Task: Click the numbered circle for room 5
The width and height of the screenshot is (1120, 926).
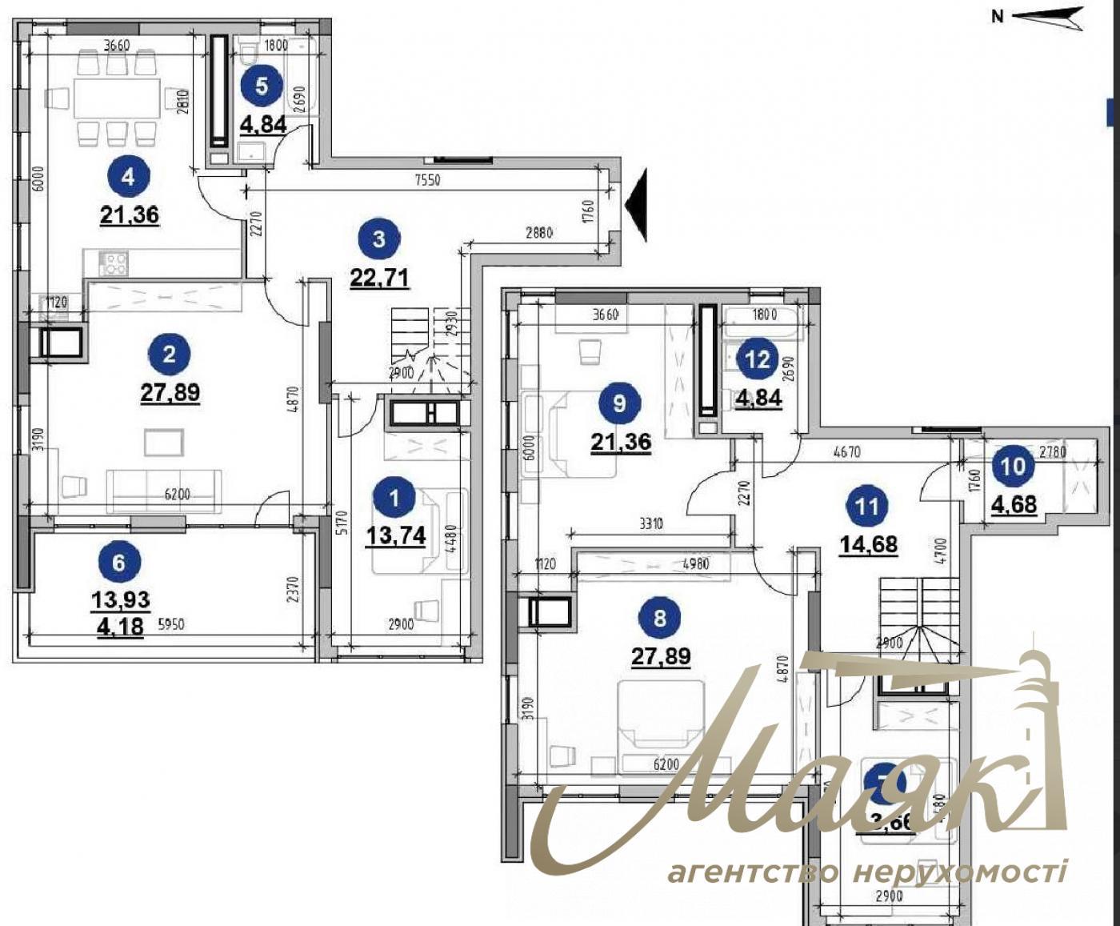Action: pyautogui.click(x=262, y=85)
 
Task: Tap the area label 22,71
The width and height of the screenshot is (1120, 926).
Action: pyautogui.click(x=379, y=277)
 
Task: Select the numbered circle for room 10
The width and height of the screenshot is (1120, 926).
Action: pyautogui.click(x=1013, y=466)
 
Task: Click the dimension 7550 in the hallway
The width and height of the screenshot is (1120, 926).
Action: pyautogui.click(x=428, y=180)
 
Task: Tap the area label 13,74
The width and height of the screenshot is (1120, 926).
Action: pyautogui.click(x=396, y=535)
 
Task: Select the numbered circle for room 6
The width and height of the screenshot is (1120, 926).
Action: pyautogui.click(x=118, y=563)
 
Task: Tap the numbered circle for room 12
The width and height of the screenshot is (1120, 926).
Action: pyautogui.click(x=757, y=359)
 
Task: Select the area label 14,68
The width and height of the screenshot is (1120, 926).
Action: pyautogui.click(x=868, y=544)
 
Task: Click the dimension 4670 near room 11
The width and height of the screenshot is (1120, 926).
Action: pyautogui.click(x=846, y=452)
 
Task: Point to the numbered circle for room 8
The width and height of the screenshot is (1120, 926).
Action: pyautogui.click(x=660, y=618)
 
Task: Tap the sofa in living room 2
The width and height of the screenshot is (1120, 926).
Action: pyautogui.click(x=164, y=490)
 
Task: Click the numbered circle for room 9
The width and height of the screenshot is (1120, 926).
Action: pyautogui.click(x=620, y=403)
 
